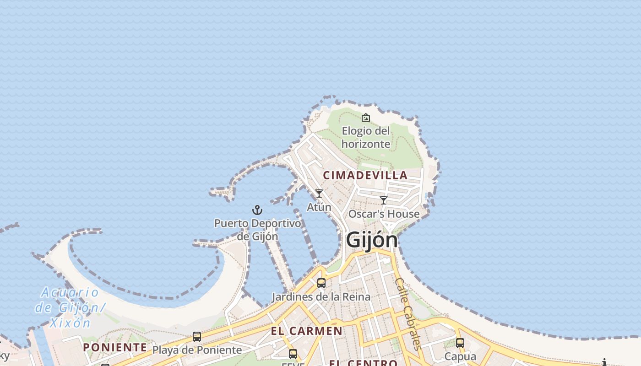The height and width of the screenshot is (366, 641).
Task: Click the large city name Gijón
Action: (371, 240)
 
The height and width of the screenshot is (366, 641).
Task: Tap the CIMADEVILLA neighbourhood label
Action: (365, 175)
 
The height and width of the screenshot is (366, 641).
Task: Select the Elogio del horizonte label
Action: (366, 137)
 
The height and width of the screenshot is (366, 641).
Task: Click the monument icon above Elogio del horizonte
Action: (365, 118)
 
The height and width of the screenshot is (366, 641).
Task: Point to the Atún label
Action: (319, 207)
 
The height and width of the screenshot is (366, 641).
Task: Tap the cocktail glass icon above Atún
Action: (319, 194)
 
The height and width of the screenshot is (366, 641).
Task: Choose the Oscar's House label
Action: (384, 214)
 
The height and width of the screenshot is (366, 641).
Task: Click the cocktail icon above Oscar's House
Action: (384, 200)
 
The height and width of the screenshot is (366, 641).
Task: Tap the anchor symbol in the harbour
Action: (257, 210)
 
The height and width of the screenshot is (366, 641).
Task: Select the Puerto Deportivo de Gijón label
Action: (258, 230)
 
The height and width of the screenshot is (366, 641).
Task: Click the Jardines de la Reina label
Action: (321, 297)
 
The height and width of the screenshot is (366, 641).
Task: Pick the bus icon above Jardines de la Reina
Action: (321, 283)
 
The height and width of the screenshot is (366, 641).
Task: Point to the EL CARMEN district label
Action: (306, 331)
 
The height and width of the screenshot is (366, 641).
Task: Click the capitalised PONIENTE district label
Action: (115, 347)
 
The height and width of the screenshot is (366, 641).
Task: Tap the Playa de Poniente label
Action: (197, 350)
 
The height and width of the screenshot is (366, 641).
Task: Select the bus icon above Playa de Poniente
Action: (197, 337)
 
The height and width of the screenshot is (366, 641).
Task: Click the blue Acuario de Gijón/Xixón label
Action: (70, 307)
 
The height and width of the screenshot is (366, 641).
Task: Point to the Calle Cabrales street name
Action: (407, 313)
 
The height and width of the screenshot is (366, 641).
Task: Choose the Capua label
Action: (460, 356)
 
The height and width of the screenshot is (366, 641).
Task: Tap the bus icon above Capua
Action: (460, 343)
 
